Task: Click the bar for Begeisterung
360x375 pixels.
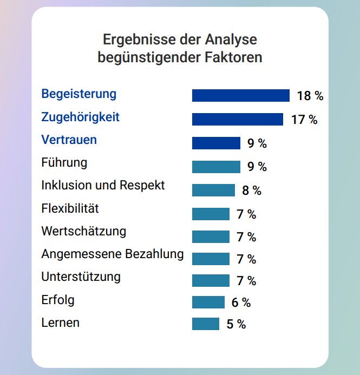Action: (240, 96)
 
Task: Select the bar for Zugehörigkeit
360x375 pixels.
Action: (237, 120)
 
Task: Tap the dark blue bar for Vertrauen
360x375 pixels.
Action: (216, 143)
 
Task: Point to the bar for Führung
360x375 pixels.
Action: (216, 167)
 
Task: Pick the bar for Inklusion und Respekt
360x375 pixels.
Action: (213, 190)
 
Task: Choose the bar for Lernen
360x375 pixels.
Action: (205, 324)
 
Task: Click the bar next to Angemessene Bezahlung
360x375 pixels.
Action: (211, 259)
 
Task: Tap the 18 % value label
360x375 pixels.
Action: (310, 96)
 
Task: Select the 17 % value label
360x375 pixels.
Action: (304, 120)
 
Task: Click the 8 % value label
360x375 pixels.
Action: (251, 190)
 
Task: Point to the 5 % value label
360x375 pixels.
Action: (235, 324)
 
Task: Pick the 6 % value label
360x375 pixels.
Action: (241, 302)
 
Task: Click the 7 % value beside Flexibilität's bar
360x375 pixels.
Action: (246, 214)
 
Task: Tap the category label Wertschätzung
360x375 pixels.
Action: (83, 232)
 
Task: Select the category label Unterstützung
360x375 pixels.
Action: (81, 277)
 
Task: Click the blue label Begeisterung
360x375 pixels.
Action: (78, 94)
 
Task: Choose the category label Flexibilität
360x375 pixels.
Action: (70, 208)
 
